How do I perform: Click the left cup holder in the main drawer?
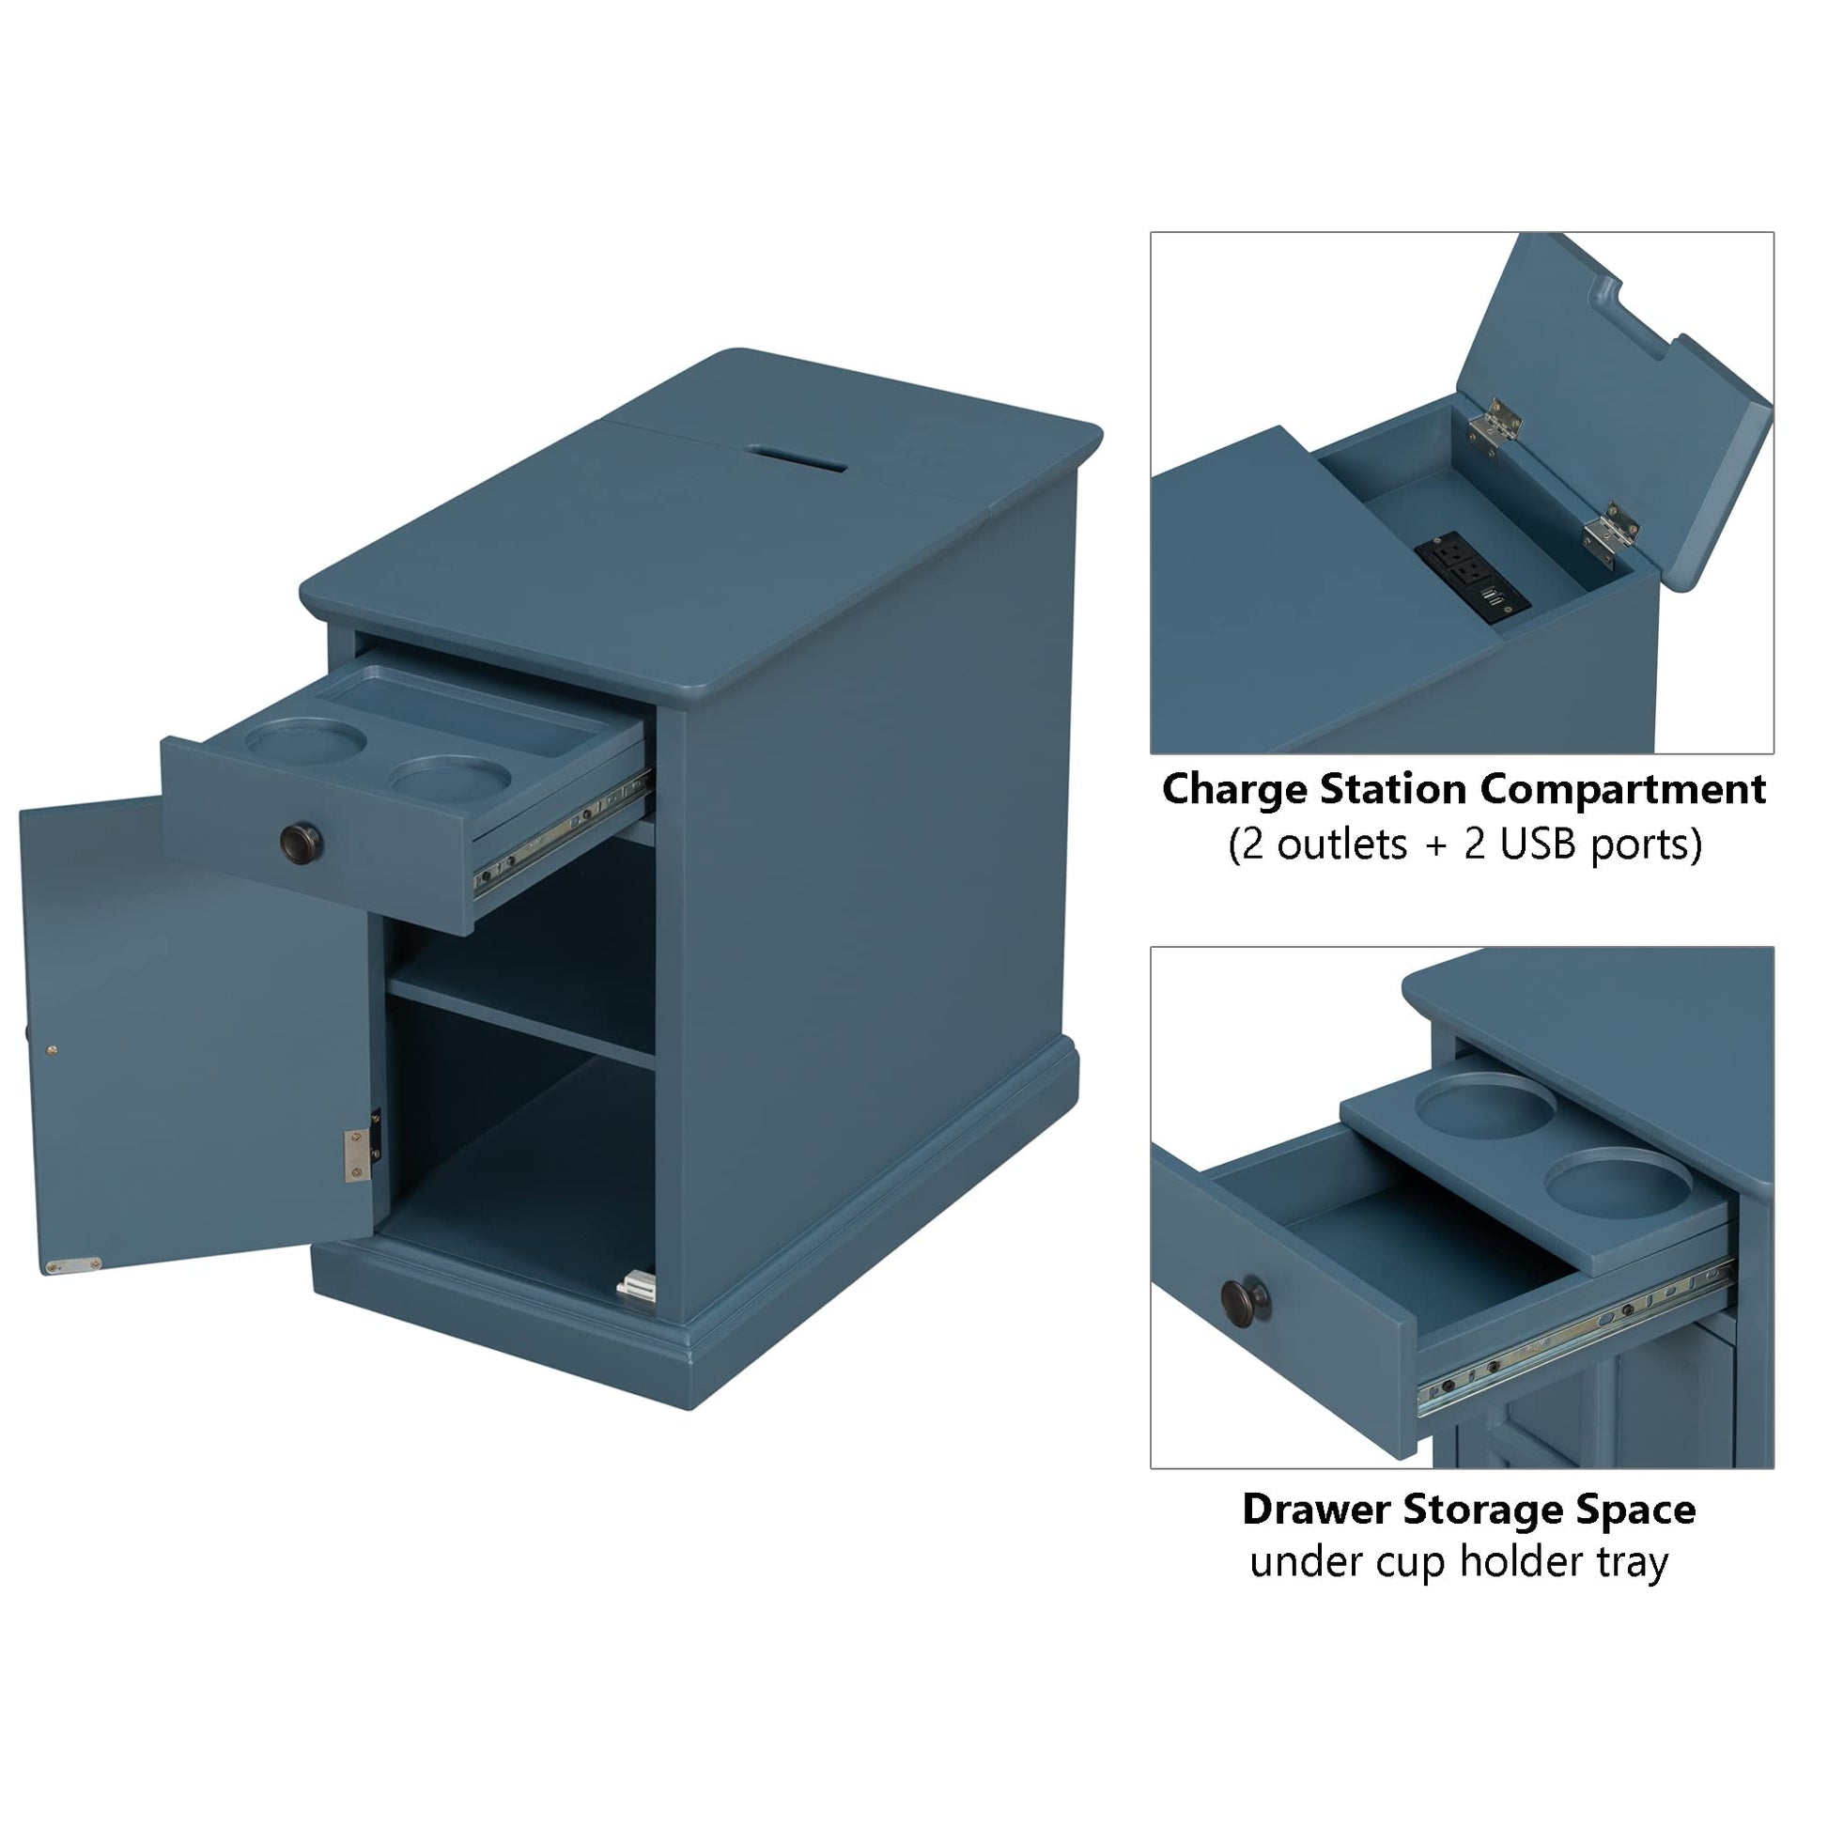(x=304, y=740)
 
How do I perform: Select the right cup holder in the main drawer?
(x=449, y=776)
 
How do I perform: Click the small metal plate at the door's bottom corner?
(x=74, y=1263)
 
